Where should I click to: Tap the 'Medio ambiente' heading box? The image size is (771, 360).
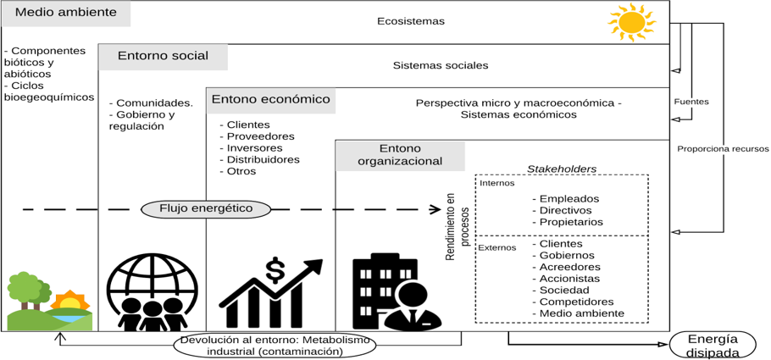point(65,14)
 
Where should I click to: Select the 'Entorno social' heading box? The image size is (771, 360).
point(163,57)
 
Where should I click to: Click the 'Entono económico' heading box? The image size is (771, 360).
point(270,100)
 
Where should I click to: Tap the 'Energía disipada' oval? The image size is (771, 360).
point(713,345)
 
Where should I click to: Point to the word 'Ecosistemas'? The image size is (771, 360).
point(410,21)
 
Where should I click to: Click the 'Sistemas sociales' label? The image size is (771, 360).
point(441,65)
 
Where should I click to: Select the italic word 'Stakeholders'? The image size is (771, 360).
point(562,169)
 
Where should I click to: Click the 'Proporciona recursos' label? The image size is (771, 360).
point(723,149)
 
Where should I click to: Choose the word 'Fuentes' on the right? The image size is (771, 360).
point(691,102)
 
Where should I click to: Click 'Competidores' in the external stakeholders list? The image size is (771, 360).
point(575,302)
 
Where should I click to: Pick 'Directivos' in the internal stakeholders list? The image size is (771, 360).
point(566,210)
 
